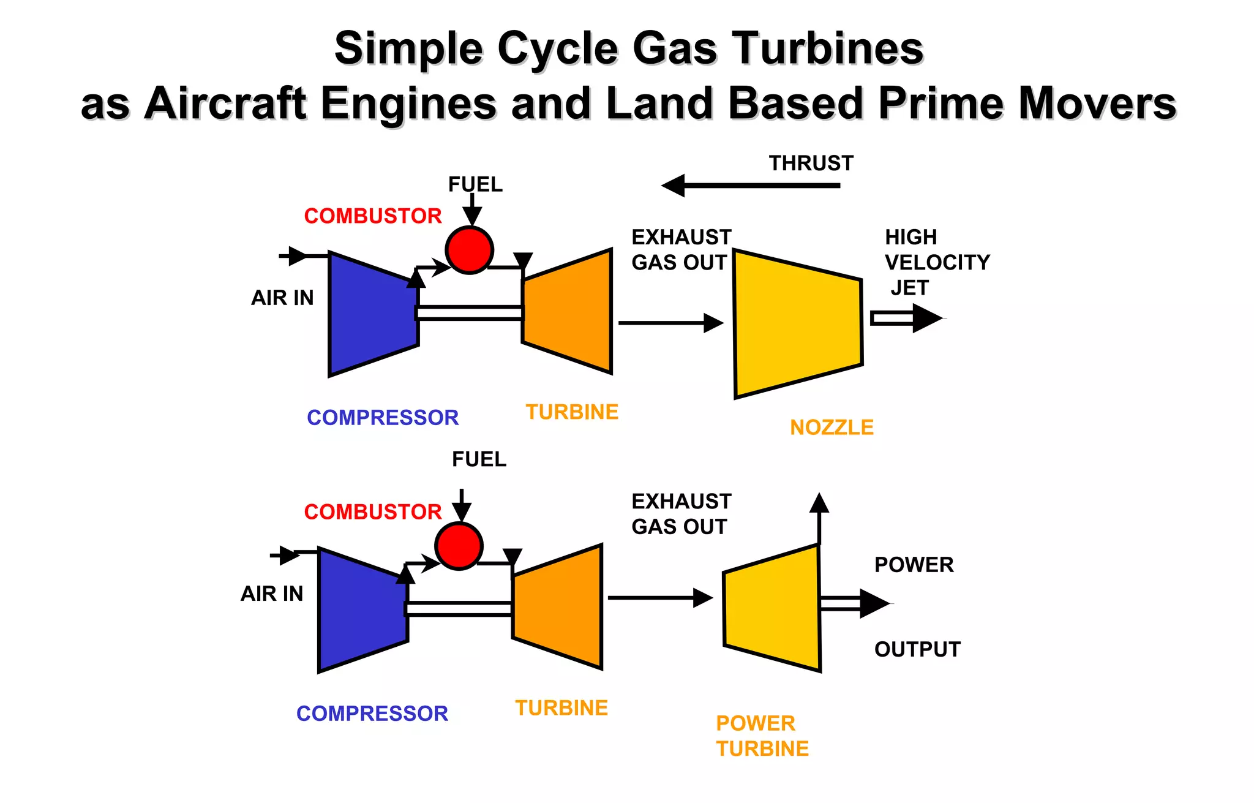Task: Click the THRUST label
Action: point(811,164)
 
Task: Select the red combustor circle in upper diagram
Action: point(469,250)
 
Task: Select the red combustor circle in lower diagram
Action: point(459,546)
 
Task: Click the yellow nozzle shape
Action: point(797,323)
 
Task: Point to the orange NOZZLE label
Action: point(832,428)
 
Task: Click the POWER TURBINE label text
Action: point(761,736)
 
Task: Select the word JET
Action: point(909,287)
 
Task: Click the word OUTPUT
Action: point(917,649)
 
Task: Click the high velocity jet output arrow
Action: point(906,318)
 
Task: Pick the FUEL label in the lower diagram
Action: point(479,459)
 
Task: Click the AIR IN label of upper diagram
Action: point(282,298)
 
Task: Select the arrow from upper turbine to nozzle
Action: point(670,323)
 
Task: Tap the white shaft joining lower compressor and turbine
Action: point(459,608)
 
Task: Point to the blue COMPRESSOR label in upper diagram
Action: point(383,418)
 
